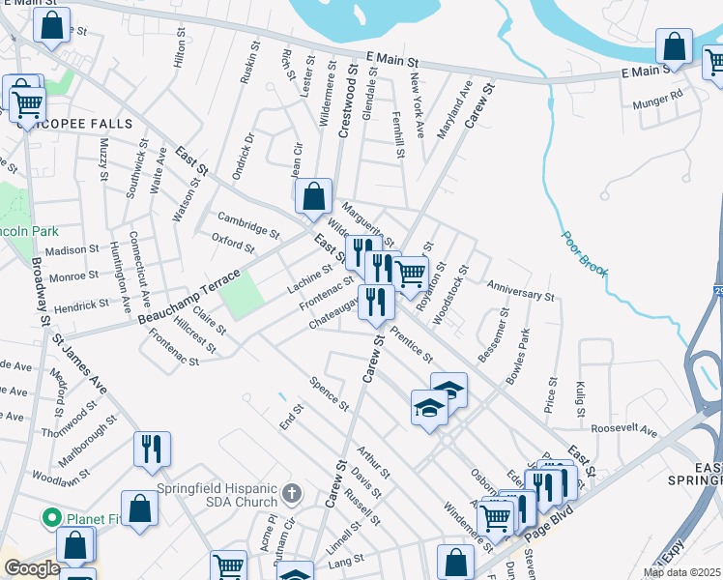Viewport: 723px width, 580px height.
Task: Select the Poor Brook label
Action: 584,253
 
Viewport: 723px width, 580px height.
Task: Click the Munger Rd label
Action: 657,99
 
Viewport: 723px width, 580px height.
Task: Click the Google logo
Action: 32,568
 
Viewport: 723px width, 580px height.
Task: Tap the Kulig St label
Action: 582,397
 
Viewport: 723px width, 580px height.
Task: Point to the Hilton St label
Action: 178,46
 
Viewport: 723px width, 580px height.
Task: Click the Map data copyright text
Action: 682,572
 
